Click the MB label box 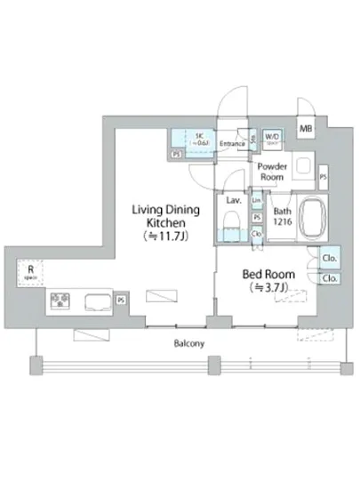[x=306, y=130]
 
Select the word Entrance [x=233, y=143]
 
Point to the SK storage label [x=202, y=138]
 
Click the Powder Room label [x=272, y=172]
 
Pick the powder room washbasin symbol [x=302, y=166]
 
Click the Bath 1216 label [x=283, y=215]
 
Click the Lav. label [x=234, y=201]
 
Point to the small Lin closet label [x=256, y=203]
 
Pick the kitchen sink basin [x=99, y=301]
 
